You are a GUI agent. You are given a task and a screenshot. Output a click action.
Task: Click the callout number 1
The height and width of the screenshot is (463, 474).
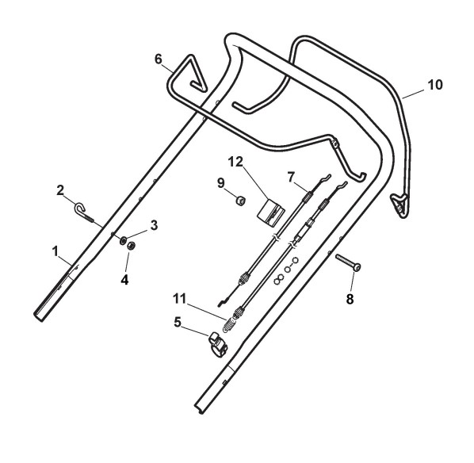(55, 251)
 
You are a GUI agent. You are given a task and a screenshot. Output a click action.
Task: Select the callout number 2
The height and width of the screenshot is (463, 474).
(60, 190)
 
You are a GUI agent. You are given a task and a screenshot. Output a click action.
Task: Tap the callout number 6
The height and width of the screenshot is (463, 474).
(159, 59)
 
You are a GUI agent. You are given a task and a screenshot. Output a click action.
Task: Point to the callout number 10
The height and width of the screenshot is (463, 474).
(435, 85)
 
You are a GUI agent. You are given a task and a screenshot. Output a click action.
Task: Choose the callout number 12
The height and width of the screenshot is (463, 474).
(235, 162)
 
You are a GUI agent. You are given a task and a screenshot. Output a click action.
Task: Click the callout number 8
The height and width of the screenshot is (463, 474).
(350, 299)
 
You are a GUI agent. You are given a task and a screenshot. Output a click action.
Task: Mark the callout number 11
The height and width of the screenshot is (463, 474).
(180, 299)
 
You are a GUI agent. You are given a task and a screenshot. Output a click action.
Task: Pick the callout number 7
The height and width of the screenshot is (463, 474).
(291, 178)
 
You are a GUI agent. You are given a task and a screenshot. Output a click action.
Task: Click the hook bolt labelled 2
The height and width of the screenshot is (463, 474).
(84, 212)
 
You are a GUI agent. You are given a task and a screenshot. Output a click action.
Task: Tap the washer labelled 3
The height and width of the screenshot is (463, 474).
(123, 240)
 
